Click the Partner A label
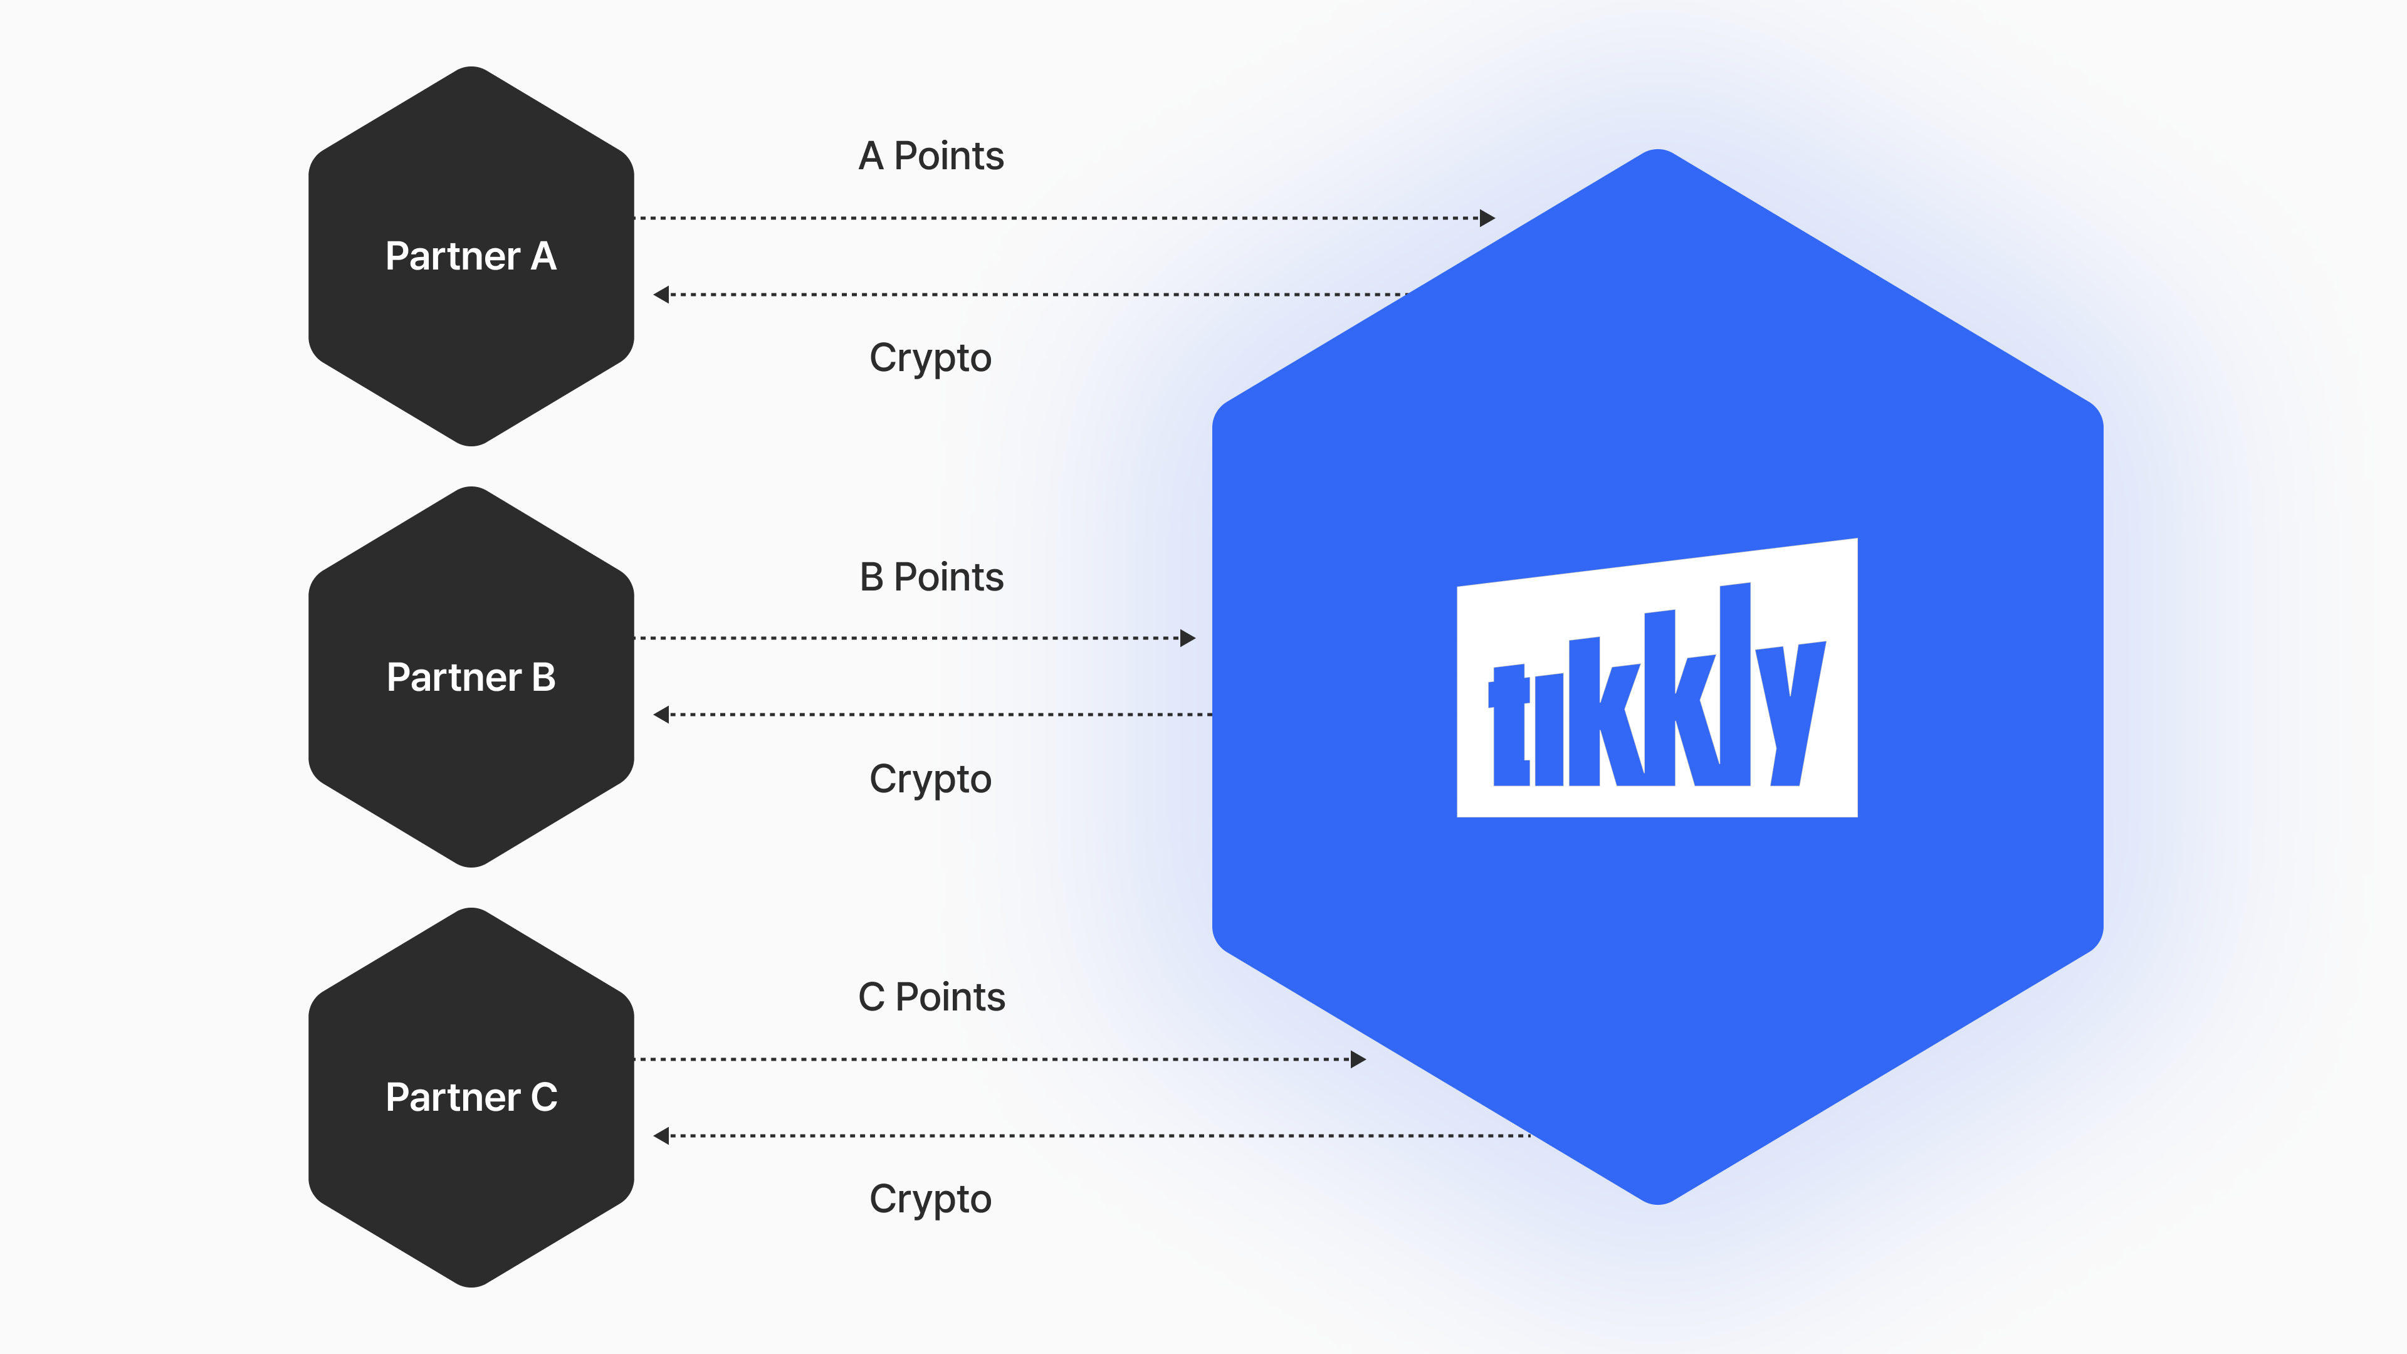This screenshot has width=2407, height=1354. [471, 256]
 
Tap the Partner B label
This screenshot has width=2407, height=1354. [471, 678]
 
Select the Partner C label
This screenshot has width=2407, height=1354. [471, 1097]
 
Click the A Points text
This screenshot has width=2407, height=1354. [931, 156]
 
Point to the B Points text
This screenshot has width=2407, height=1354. [931, 577]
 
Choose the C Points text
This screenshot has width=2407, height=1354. [931, 997]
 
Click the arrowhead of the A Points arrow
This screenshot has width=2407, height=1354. [1487, 218]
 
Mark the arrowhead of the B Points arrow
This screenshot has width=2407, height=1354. [1188, 638]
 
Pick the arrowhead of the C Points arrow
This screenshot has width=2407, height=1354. [1358, 1059]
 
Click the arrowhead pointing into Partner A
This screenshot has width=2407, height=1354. [661, 295]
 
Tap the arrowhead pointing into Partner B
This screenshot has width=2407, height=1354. [661, 715]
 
